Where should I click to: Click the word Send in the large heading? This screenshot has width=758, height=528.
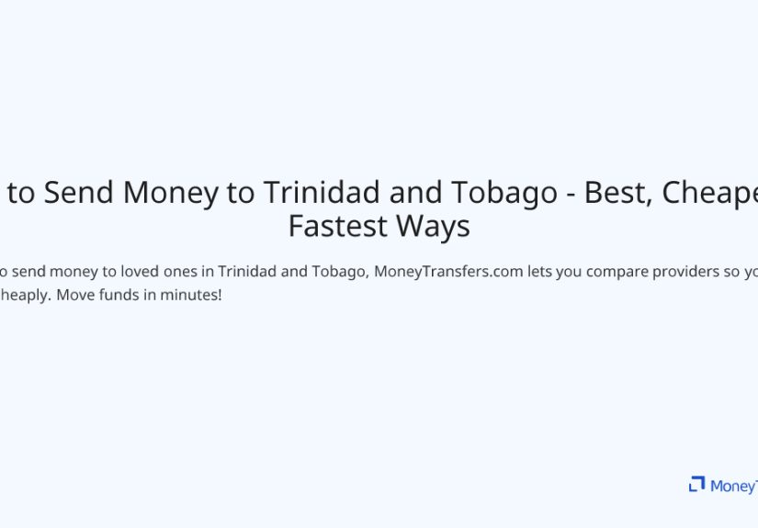point(80,193)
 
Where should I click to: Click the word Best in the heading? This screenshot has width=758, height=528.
point(617,193)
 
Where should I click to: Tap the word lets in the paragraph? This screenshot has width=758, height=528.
point(526,273)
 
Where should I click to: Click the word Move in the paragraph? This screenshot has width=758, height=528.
point(73,297)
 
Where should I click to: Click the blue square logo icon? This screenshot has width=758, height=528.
point(696,484)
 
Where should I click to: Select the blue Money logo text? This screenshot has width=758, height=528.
point(733,486)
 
